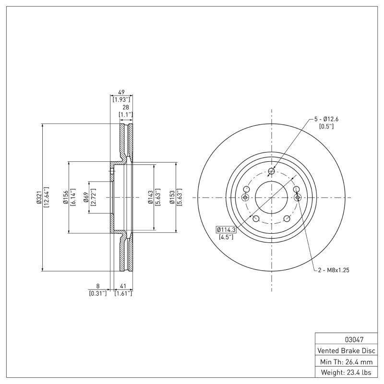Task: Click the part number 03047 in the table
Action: tap(347, 339)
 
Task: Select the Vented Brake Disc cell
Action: tap(347, 350)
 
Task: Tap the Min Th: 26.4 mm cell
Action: tap(347, 361)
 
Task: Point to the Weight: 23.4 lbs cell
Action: tap(347, 372)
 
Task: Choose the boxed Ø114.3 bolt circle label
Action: tap(226, 229)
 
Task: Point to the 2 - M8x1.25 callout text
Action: tap(333, 270)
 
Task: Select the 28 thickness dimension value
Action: tap(125, 108)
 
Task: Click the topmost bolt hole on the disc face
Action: tap(272, 171)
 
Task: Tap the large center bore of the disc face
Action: tap(271, 197)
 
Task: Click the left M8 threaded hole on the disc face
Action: tap(245, 197)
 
